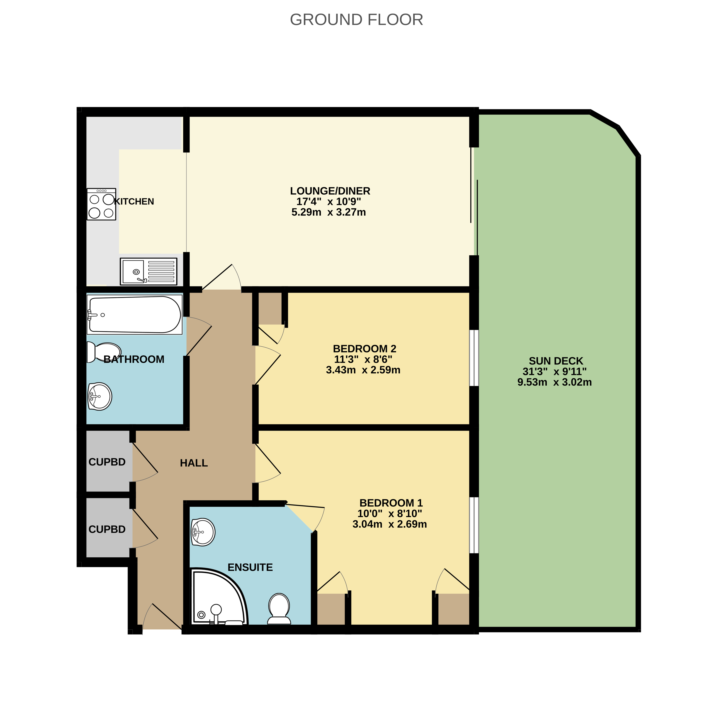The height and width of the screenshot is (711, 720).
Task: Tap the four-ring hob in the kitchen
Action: click(101, 204)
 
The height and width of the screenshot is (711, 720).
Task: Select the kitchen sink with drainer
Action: click(148, 271)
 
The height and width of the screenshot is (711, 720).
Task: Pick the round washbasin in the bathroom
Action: click(100, 397)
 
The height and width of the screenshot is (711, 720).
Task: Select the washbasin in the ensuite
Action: click(203, 532)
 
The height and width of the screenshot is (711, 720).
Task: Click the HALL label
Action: click(194, 463)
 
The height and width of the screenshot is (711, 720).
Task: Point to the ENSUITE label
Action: click(250, 567)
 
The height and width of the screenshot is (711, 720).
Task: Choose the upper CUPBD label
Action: click(107, 462)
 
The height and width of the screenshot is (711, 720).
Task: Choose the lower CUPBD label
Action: click(107, 529)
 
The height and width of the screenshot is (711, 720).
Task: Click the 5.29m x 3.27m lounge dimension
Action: click(328, 212)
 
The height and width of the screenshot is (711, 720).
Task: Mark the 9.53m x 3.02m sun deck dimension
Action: click(555, 382)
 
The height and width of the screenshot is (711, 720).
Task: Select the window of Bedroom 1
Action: click(474, 525)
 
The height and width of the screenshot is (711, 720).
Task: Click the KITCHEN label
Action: click(134, 201)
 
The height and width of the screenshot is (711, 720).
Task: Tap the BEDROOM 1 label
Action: click(391, 503)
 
